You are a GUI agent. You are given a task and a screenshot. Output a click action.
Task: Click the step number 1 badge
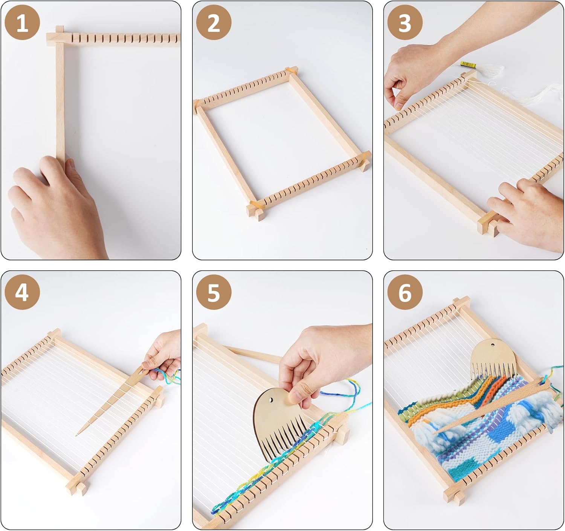tap(22, 23)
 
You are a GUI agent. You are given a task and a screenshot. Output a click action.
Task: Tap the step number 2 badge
tap(214, 23)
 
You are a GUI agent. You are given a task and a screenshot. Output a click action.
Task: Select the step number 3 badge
tap(405, 23)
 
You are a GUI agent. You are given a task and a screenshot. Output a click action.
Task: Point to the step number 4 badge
tap(22, 292)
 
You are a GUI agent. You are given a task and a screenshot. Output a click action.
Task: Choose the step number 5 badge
tap(214, 292)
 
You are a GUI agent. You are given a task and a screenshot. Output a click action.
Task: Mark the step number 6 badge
tap(405, 292)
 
